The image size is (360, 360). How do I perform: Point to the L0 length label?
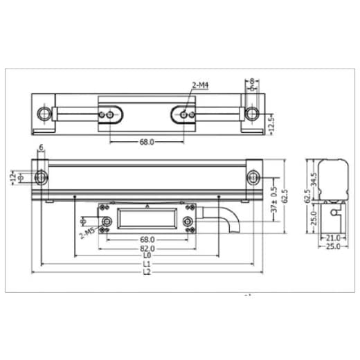pyautogui.click(x=146, y=255)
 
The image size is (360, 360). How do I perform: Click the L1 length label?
pyautogui.click(x=146, y=263)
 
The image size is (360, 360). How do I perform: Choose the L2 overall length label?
pyautogui.click(x=146, y=271)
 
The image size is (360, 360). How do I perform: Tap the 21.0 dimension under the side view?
pyautogui.click(x=332, y=237)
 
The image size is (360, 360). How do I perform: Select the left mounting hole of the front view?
pyautogui.click(x=40, y=176)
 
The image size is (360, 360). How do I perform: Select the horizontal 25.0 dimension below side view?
pyautogui.click(x=332, y=246)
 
